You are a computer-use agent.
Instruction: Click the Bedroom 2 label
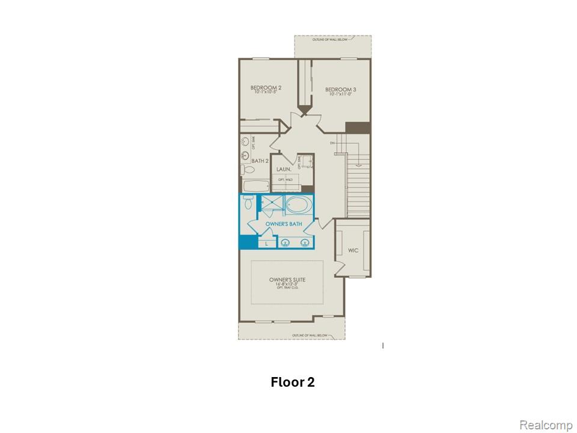point(266,88)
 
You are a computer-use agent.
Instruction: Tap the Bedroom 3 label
point(342,90)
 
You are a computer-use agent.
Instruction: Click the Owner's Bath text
point(283,224)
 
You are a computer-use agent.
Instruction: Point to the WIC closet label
point(353,250)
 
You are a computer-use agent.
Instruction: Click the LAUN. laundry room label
point(284,170)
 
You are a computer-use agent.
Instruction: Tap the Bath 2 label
point(259,161)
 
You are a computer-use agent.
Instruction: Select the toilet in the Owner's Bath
point(248,203)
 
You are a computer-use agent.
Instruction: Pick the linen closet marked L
point(266,244)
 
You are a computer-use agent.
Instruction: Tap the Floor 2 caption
point(293,382)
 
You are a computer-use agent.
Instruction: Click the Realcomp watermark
point(545,425)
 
